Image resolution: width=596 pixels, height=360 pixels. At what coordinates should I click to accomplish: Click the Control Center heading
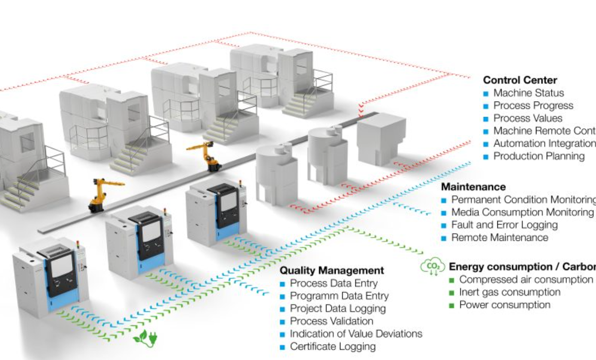tap(520, 80)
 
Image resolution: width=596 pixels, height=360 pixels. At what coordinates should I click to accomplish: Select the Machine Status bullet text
tap(528, 93)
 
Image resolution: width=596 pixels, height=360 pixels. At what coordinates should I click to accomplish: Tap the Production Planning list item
tap(539, 156)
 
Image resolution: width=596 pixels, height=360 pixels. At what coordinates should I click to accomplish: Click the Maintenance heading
tap(473, 187)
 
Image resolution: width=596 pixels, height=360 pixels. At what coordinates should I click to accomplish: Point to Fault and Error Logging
tap(504, 225)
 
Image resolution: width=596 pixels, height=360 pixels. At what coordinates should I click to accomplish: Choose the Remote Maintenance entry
tap(500, 237)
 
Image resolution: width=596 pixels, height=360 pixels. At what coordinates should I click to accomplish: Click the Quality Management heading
tap(331, 270)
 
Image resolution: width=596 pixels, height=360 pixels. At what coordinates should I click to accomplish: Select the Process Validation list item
tap(331, 321)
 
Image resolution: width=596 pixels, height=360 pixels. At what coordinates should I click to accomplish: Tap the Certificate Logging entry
tap(333, 346)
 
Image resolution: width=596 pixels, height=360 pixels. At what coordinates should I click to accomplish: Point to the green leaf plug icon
tap(145, 338)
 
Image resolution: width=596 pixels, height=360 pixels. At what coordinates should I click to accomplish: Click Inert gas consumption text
tap(509, 292)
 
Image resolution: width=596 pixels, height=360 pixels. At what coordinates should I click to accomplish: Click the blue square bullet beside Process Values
tap(486, 119)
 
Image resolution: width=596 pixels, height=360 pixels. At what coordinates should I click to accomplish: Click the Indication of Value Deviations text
tap(356, 334)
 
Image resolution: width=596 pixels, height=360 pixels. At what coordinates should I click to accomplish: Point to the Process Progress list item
tap(533, 105)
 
